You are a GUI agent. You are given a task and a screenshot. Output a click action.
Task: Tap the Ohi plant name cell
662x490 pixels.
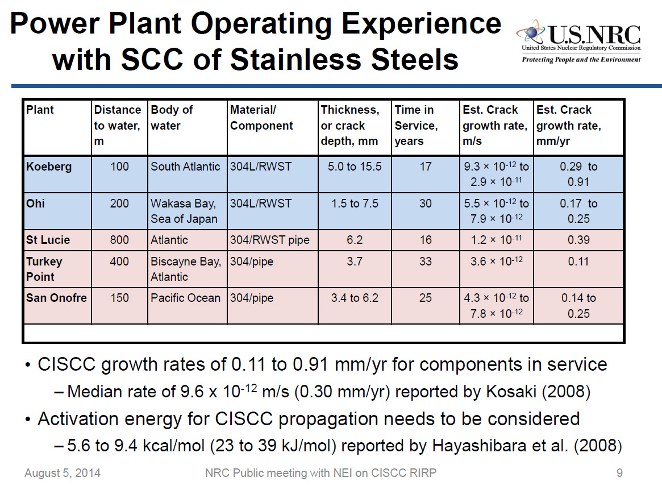point(36,204)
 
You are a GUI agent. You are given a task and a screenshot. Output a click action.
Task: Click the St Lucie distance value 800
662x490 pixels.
point(119,240)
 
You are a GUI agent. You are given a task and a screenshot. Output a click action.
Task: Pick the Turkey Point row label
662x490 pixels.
point(44,269)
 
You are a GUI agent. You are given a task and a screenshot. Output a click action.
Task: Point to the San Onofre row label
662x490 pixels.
point(56,298)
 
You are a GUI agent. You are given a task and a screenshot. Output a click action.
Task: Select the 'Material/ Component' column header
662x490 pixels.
point(261,118)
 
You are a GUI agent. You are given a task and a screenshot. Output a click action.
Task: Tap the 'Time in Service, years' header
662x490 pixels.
point(416,125)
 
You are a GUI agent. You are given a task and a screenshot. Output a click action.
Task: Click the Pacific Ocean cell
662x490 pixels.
point(185,298)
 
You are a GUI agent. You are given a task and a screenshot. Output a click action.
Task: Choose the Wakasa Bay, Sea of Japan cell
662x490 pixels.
point(183,211)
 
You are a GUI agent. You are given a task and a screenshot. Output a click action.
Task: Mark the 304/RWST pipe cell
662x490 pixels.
point(269,240)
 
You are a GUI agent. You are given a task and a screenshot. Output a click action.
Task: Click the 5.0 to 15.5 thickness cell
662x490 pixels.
point(355,167)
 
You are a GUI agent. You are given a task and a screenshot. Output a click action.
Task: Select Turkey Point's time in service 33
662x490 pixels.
point(425,261)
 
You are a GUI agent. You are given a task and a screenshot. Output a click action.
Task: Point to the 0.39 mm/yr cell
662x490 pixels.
point(578,240)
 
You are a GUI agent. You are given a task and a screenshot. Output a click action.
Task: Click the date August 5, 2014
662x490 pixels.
point(62,473)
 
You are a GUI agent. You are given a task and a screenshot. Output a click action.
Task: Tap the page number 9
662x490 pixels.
point(619,473)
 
